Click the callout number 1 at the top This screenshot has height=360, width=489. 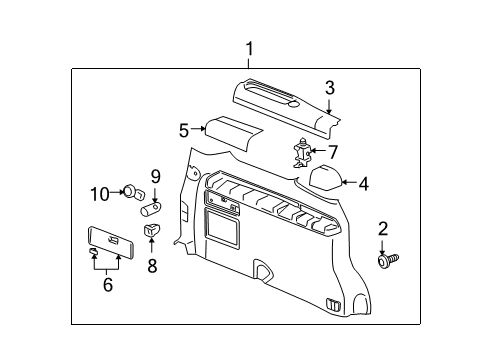[249, 49]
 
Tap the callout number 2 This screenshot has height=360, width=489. [383, 229]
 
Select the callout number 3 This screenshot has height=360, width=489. [329, 88]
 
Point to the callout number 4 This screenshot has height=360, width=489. [363, 184]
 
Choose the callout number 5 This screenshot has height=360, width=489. [184, 130]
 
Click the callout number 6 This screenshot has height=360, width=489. [108, 285]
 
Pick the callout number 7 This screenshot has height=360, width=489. [333, 152]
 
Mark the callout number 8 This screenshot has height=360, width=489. [152, 266]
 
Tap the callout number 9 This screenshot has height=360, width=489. [155, 177]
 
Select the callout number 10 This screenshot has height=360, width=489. [100, 194]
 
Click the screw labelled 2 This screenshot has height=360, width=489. [388, 260]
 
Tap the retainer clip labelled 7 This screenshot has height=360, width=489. [302, 153]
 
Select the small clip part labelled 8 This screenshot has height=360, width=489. [151, 230]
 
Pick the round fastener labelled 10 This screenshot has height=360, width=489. [133, 193]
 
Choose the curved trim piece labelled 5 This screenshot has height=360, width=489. [233, 132]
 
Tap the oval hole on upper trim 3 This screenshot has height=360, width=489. [294, 105]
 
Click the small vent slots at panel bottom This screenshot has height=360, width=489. [333, 304]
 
